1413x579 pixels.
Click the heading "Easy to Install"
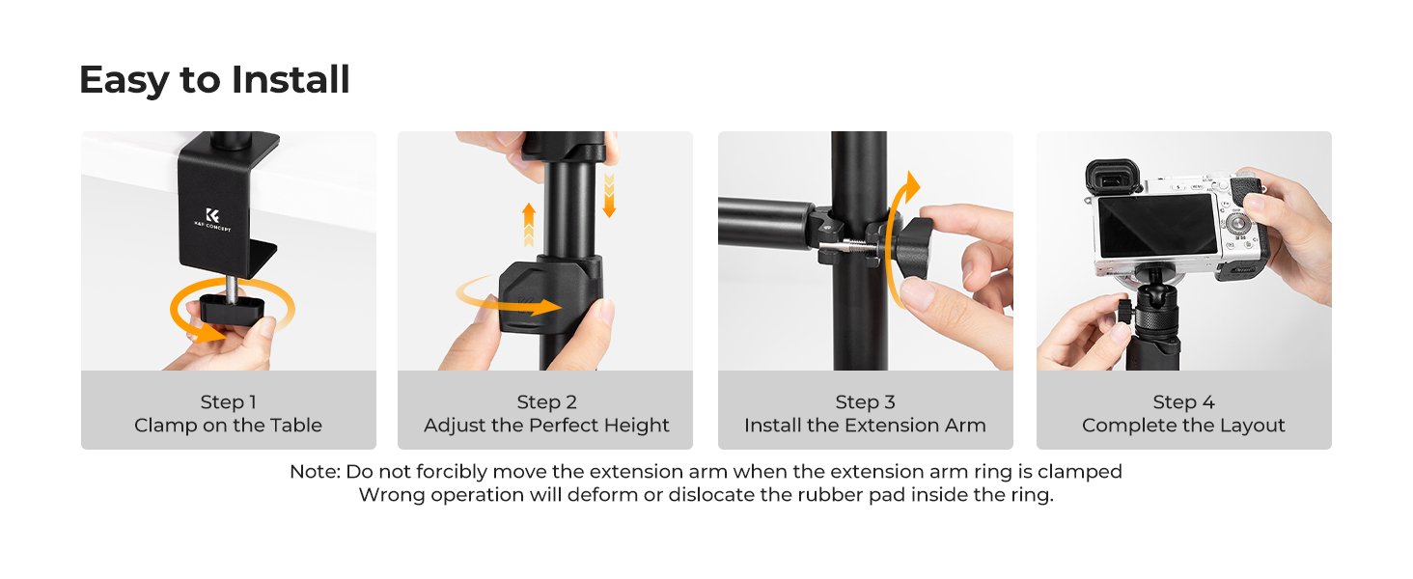(x=213, y=79)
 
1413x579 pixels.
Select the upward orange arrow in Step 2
(x=529, y=225)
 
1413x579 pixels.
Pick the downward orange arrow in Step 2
(x=608, y=195)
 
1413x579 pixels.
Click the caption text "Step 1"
(x=228, y=402)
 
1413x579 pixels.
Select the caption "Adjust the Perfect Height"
(x=546, y=426)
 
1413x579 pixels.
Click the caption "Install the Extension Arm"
(x=865, y=426)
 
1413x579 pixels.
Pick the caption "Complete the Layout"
(x=1183, y=426)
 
